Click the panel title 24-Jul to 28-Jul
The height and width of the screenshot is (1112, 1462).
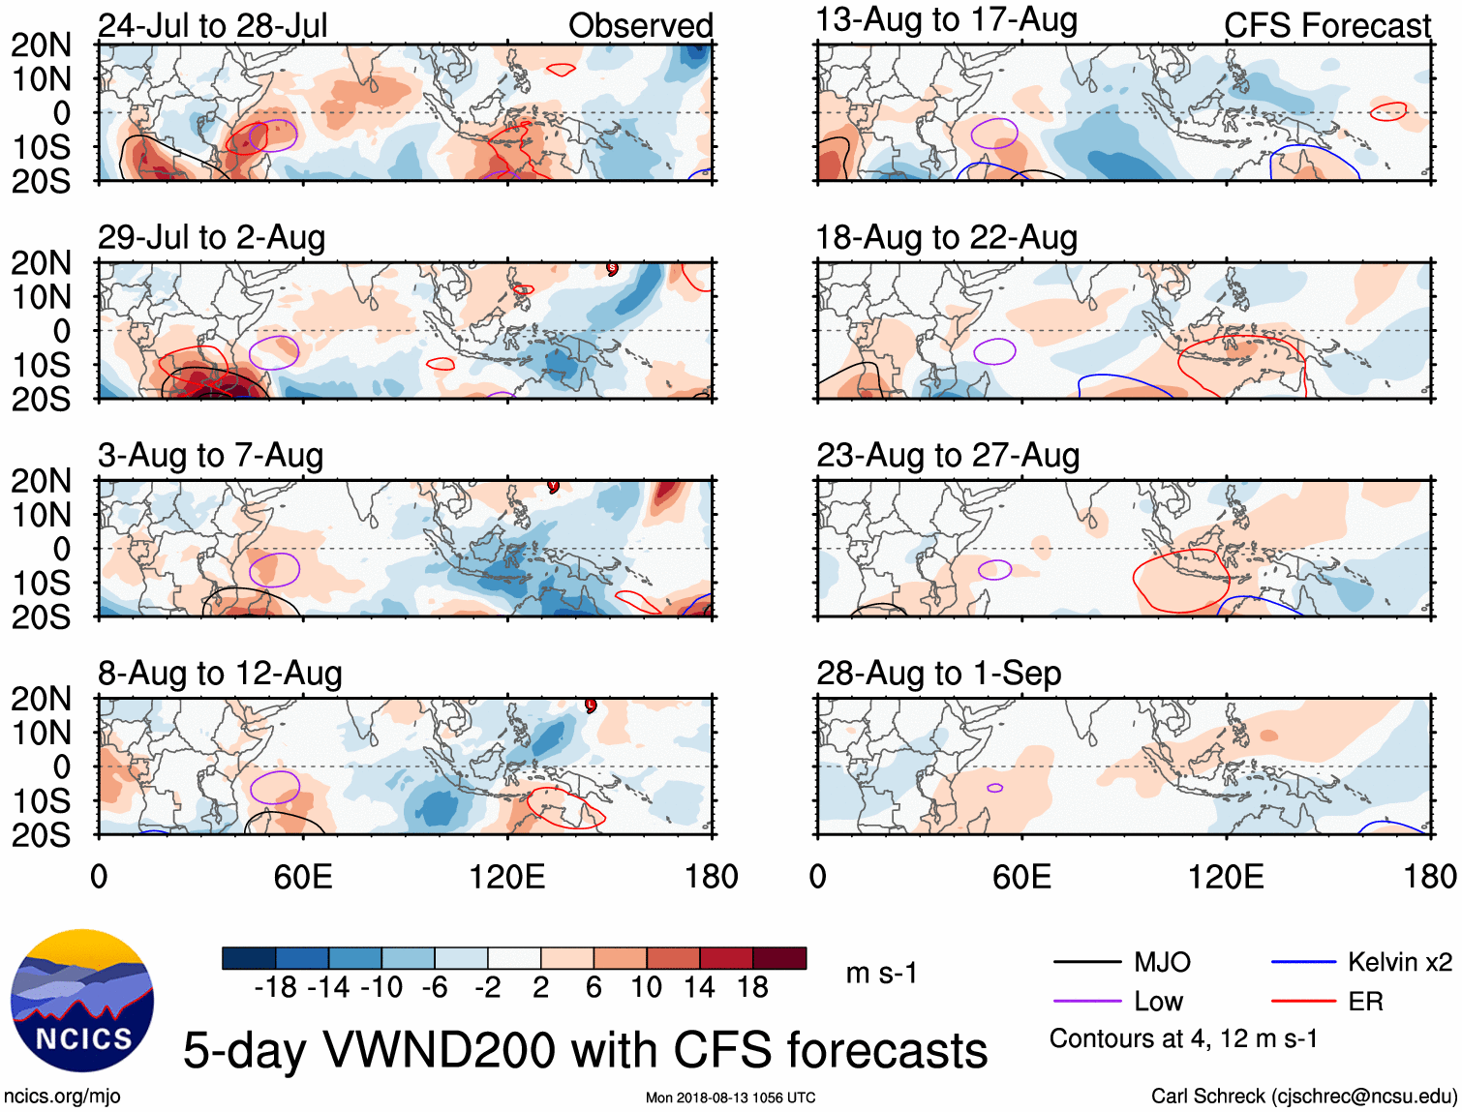[213, 25]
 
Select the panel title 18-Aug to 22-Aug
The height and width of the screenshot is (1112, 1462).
[946, 238]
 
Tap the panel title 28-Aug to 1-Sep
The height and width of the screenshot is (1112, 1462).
[938, 674]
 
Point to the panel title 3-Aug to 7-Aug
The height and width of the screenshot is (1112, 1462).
[210, 456]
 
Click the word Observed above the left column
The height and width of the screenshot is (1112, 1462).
[640, 26]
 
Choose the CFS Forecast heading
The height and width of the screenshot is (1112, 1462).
[1326, 26]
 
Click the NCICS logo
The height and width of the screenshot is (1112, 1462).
[81, 1001]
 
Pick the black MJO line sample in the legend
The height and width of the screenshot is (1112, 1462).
[1086, 962]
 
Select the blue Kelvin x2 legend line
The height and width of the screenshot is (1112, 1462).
[1303, 962]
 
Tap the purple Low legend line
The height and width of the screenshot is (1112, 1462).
[1086, 1002]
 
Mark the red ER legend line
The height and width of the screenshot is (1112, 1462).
[1303, 1002]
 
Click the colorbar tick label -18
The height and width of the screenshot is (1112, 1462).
[275, 987]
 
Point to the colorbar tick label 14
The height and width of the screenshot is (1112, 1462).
[699, 987]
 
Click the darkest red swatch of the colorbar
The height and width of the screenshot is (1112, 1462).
[779, 958]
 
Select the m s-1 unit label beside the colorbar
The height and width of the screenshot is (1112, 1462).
[881, 974]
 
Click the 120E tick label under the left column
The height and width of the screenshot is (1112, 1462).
[506, 877]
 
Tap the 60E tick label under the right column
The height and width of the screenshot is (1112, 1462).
[1021, 877]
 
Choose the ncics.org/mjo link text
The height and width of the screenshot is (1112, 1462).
[62, 1097]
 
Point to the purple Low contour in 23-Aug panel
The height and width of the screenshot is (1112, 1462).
[994, 570]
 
